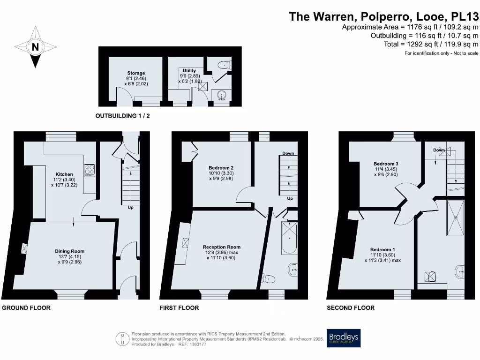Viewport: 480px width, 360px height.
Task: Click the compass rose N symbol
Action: [x=35, y=47]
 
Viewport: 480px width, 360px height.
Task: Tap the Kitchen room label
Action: [x=64, y=174]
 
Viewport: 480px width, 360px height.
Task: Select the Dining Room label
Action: [x=70, y=251]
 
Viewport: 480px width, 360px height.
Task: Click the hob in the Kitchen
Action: [x=89, y=169]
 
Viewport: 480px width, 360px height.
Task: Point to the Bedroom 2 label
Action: [x=221, y=168]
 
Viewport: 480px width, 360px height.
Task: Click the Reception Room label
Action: [x=221, y=247]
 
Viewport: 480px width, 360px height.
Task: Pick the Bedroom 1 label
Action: [x=382, y=249]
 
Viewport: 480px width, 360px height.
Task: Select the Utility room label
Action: [x=189, y=71]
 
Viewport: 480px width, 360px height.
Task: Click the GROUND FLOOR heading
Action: [x=26, y=308]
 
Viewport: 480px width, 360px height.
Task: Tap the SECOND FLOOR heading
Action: [x=351, y=308]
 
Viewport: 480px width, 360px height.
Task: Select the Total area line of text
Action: [x=431, y=44]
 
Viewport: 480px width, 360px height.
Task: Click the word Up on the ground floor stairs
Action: [x=130, y=207]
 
